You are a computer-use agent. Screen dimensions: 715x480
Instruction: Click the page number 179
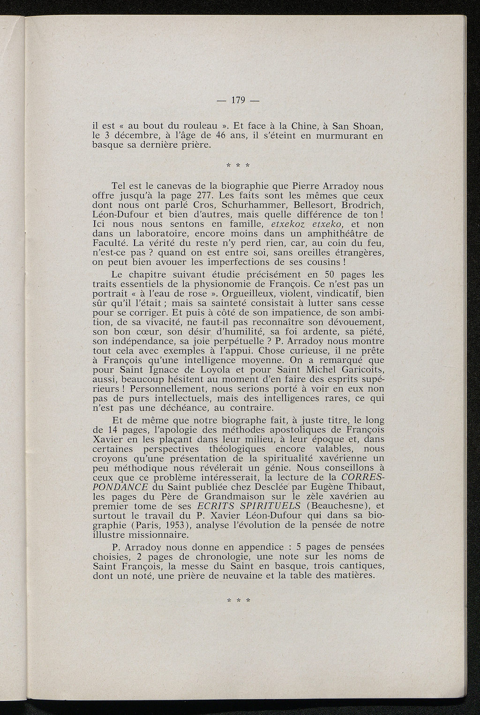[x=240, y=100]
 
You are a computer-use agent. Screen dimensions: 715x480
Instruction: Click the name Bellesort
[x=317, y=205]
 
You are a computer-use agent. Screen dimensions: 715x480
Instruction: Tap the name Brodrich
[x=363, y=205]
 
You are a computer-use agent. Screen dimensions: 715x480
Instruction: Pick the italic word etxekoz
[x=288, y=224]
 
